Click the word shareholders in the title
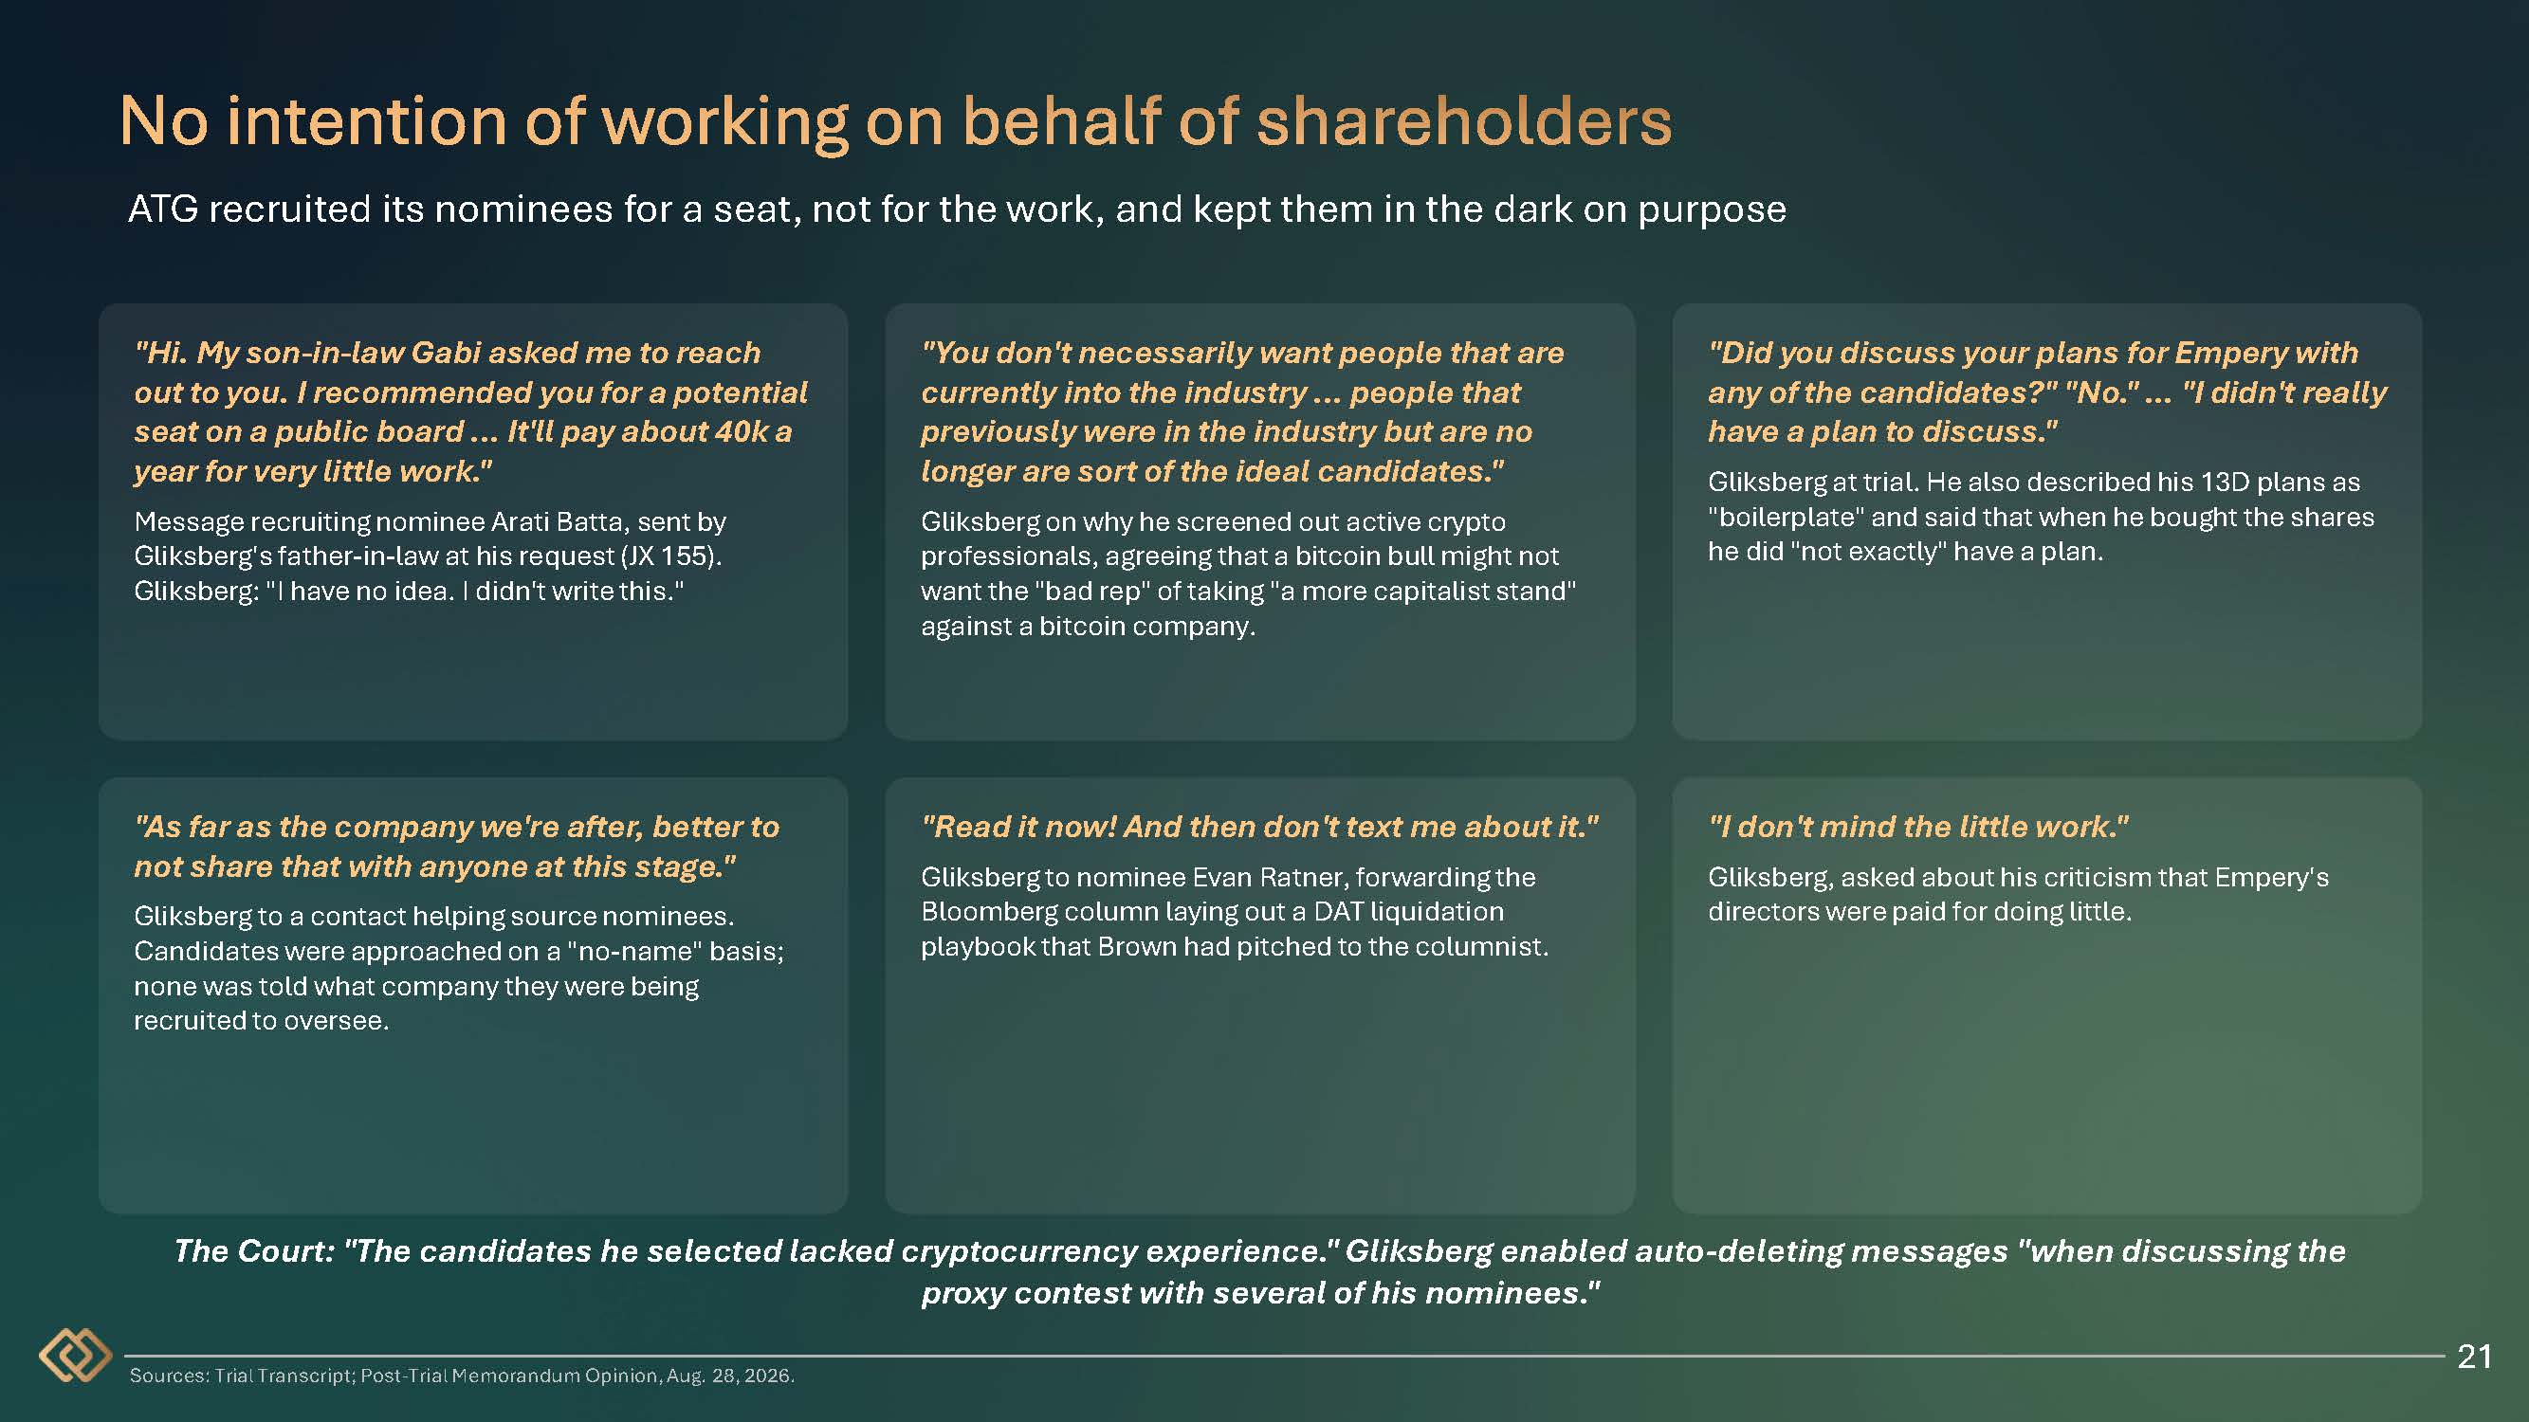point(1464,121)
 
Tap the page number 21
point(2474,1357)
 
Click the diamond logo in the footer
point(75,1356)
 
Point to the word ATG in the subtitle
point(163,209)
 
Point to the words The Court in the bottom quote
point(255,1251)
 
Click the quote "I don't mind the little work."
point(1918,828)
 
